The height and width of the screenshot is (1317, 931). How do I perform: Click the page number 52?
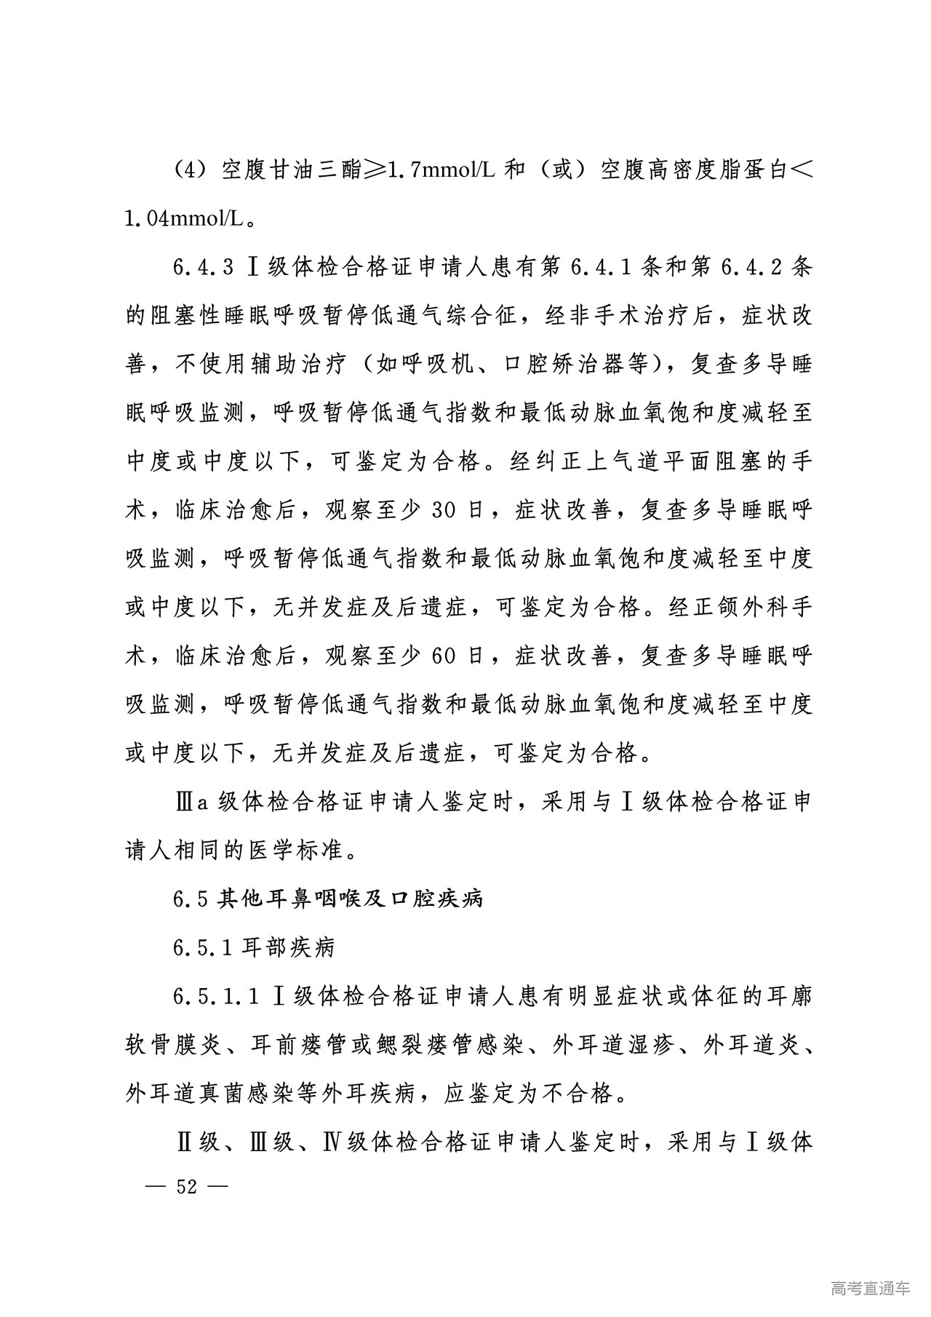[187, 1187]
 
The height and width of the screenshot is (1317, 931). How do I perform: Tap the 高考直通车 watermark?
[869, 1289]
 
